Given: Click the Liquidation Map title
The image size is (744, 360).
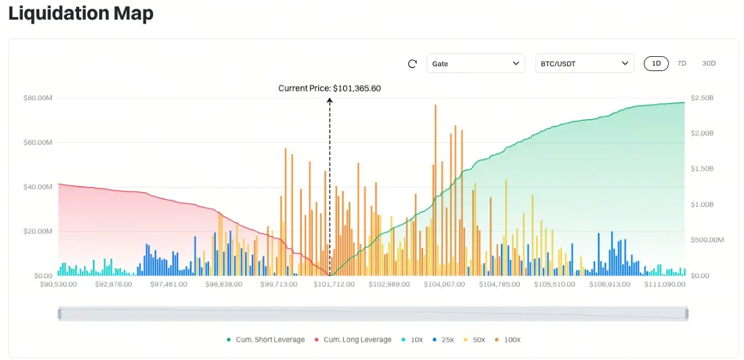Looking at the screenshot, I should [x=81, y=14].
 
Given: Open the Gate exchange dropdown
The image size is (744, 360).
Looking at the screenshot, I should [x=475, y=64].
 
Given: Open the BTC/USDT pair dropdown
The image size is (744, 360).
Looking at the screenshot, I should [x=584, y=64].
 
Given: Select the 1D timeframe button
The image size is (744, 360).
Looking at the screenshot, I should [x=656, y=64].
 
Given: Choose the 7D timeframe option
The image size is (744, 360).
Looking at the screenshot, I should [x=682, y=64].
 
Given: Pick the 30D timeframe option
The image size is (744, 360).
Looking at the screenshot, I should [x=709, y=64].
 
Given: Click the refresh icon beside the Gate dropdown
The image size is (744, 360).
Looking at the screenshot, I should [x=412, y=64].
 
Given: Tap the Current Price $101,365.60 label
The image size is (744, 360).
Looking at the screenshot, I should [x=330, y=89].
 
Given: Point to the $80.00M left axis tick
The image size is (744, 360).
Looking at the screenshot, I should [x=38, y=98].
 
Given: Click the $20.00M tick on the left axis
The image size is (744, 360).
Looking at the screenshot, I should [x=38, y=231].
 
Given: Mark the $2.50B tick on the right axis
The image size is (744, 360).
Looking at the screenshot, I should [x=702, y=98].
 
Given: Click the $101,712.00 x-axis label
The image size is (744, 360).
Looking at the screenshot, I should [x=334, y=284].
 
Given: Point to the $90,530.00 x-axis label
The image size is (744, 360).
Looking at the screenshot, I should [x=59, y=284].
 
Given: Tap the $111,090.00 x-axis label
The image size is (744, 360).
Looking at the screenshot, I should [x=665, y=284].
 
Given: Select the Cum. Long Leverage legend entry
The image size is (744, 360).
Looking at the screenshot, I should [x=352, y=339].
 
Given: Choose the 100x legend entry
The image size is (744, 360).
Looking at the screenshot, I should [x=508, y=339].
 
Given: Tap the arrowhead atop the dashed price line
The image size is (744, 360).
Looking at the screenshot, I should [x=330, y=101].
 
